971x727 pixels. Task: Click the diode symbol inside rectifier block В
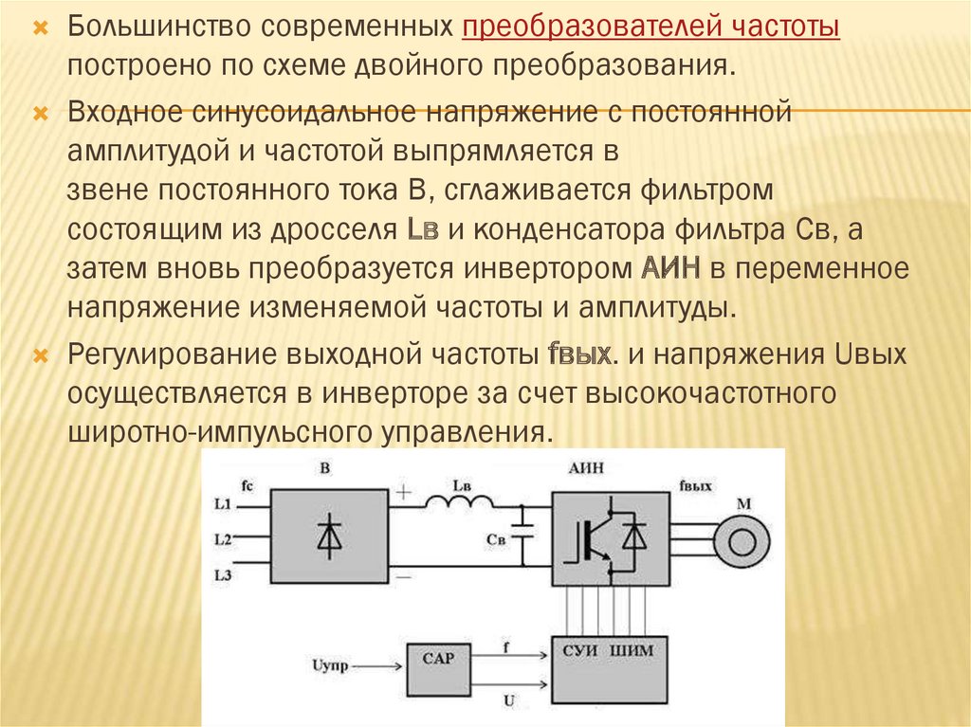coord(329,536)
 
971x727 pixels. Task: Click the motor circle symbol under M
coord(742,538)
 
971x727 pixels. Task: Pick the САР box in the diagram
coord(437,667)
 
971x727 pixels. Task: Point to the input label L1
coord(224,504)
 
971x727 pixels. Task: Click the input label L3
coord(224,574)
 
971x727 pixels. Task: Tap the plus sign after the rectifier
coord(404,493)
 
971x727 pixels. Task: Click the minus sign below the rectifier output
coord(404,574)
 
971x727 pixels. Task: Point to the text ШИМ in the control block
coord(633,651)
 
